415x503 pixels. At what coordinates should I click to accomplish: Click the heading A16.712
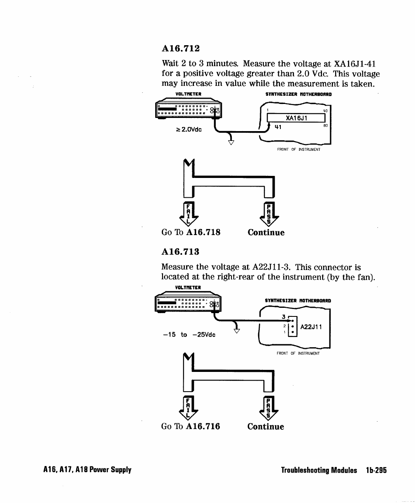181,48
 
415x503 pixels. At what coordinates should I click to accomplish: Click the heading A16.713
181,251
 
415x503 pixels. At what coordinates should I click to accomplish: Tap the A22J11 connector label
311,327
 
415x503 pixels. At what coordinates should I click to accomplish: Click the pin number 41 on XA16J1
278,127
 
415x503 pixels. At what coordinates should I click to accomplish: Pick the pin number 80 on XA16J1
325,126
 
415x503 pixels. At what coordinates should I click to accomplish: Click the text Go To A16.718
191,232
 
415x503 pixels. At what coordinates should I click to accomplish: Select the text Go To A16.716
191,426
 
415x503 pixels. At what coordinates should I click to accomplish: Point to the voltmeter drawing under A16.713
188,305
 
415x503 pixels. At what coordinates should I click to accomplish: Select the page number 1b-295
376,470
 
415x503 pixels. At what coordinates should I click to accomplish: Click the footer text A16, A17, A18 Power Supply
87,470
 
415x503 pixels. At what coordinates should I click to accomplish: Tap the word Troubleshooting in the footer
319,470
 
